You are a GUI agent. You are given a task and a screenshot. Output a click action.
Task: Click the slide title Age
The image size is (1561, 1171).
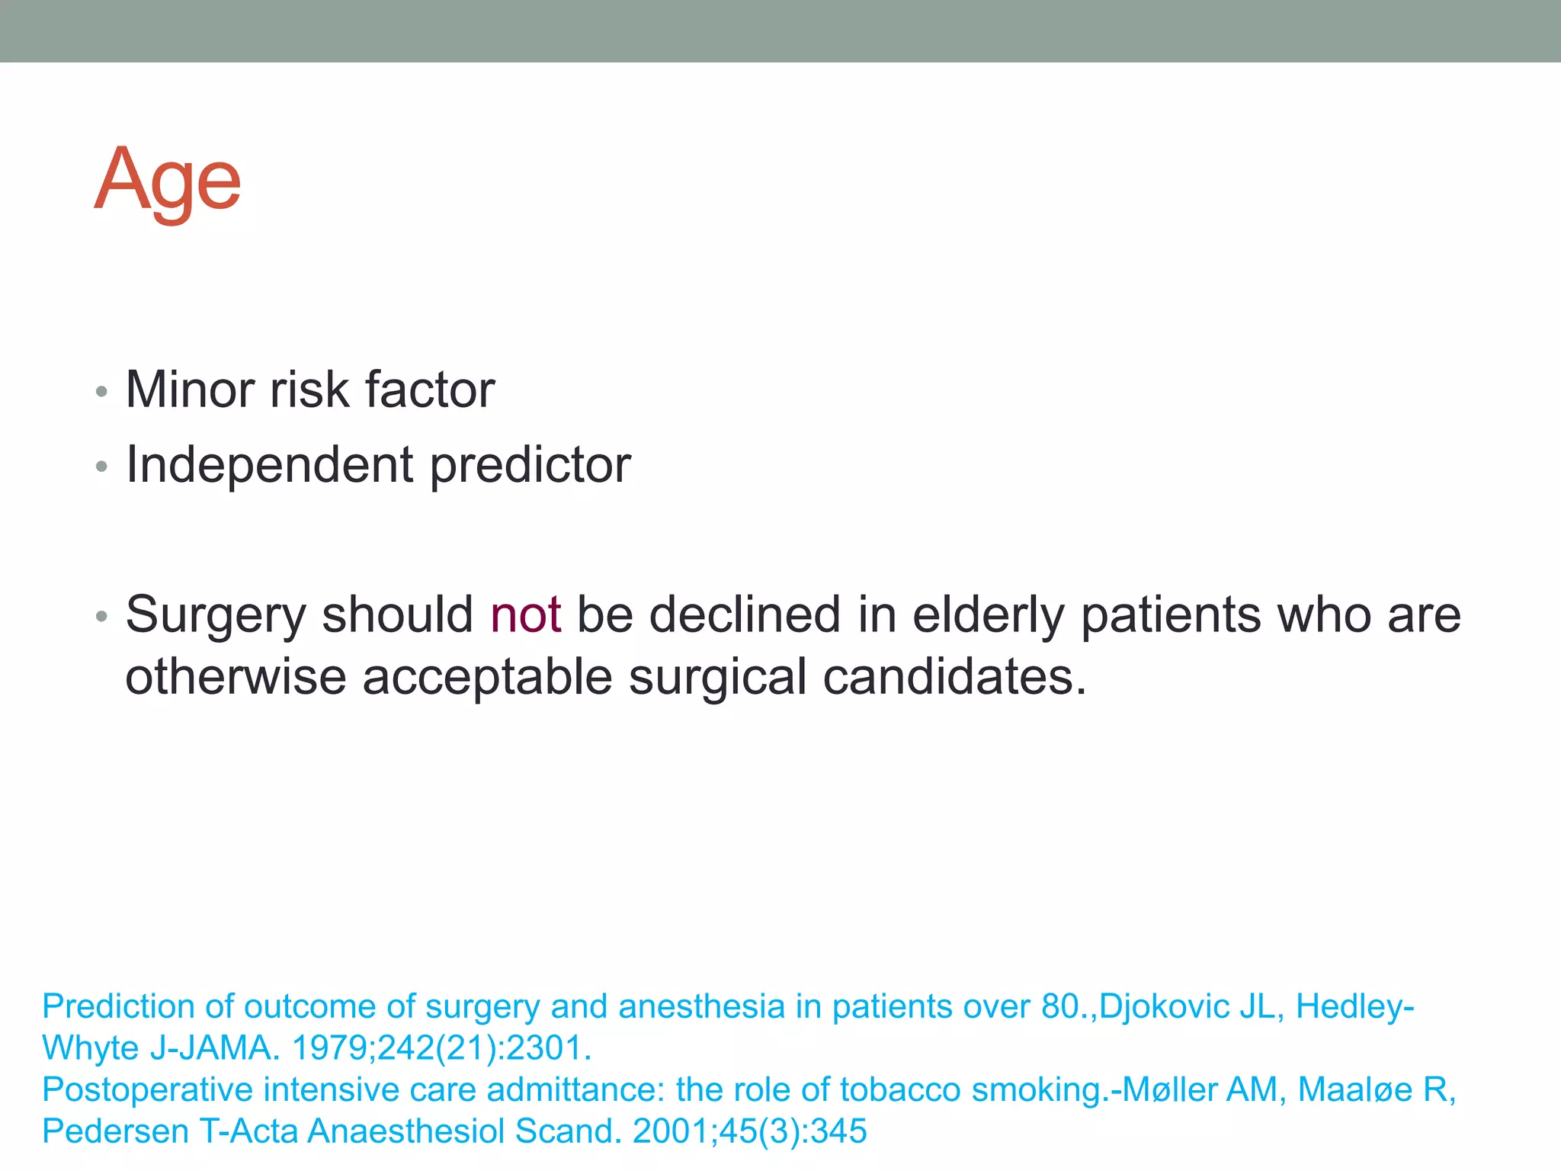pos(168,181)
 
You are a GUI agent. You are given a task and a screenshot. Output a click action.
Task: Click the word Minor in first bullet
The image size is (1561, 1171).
pos(189,390)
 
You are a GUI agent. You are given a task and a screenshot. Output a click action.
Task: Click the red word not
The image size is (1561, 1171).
pos(526,614)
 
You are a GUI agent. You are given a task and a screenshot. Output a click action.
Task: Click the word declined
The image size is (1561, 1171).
pos(744,614)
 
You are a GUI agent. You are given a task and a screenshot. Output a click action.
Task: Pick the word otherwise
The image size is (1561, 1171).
pos(235,677)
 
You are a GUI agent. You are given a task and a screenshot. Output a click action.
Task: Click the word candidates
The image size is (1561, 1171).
pos(954,677)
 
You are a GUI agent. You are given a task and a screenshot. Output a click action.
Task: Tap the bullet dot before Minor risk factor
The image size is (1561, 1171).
pos(101,393)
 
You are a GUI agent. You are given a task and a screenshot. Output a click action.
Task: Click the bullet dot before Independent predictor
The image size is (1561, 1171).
pos(101,467)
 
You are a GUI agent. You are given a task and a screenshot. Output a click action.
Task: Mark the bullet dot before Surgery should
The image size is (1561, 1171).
pos(101,617)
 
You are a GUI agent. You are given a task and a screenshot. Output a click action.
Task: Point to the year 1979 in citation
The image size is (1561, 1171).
pos(329,1048)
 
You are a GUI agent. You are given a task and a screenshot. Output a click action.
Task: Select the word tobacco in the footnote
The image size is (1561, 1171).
pos(899,1089)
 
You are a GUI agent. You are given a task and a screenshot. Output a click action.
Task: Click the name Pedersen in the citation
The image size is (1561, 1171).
pos(115,1131)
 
